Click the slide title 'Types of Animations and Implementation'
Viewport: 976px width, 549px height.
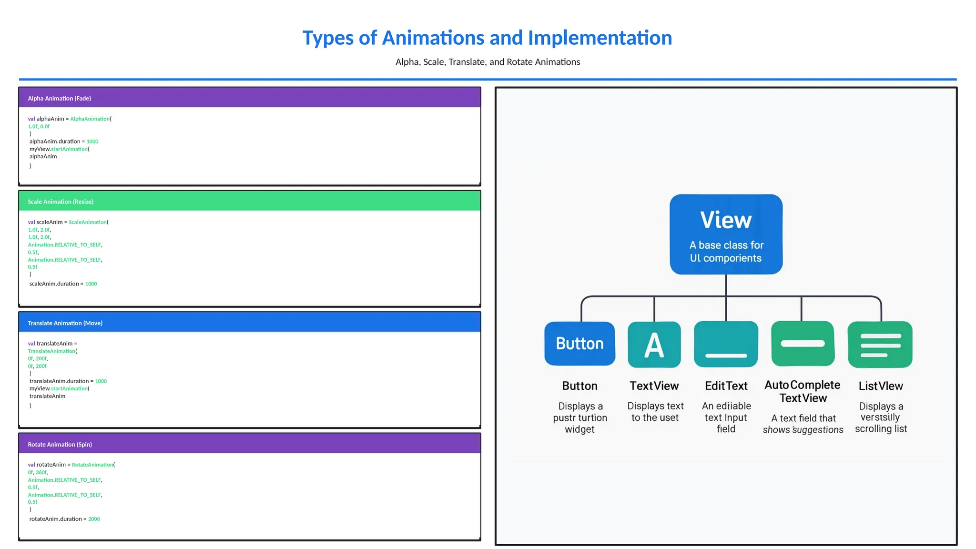coord(487,38)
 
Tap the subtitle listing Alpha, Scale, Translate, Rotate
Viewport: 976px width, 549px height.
coord(488,62)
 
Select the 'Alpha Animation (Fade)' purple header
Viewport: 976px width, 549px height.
coord(249,98)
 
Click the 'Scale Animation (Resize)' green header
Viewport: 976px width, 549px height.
coord(249,202)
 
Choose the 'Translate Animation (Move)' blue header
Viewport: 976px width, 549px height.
coord(249,323)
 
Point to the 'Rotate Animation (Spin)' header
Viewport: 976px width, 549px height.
coord(249,444)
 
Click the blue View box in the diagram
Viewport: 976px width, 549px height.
coord(726,234)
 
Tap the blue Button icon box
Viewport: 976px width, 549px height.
coord(579,344)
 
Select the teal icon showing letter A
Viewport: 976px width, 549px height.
coord(654,345)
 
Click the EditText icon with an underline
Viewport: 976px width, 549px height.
coord(726,344)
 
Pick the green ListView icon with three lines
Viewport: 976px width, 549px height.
coord(880,345)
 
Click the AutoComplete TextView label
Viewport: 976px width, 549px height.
coord(803,391)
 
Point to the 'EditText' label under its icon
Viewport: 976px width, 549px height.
coord(726,386)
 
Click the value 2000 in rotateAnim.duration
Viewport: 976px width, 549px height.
coord(94,519)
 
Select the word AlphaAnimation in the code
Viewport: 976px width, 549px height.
coord(90,119)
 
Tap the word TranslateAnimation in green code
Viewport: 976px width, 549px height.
coord(51,351)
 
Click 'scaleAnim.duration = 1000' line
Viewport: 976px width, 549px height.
coord(63,284)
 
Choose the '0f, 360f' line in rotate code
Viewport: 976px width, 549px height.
coord(38,472)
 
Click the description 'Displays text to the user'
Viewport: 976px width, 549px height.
coord(655,412)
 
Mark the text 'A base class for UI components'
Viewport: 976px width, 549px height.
coord(726,252)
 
